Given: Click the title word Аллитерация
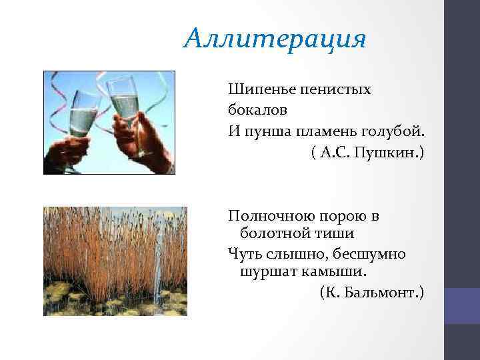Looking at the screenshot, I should (x=275, y=39).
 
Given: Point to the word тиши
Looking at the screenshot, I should (x=331, y=234).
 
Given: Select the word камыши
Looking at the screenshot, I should (x=331, y=273).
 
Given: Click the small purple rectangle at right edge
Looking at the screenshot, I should (x=462, y=305).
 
